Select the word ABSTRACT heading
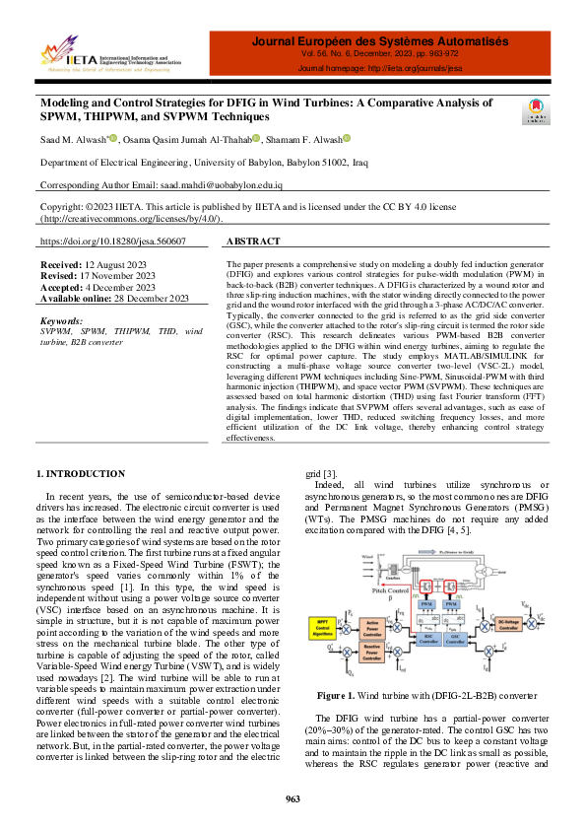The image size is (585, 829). pyautogui.click(x=254, y=242)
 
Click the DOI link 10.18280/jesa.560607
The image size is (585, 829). pyautogui.click(x=113, y=242)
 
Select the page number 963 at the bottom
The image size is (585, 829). pyautogui.click(x=292, y=798)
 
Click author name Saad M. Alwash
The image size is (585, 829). pyautogui.click(x=73, y=139)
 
